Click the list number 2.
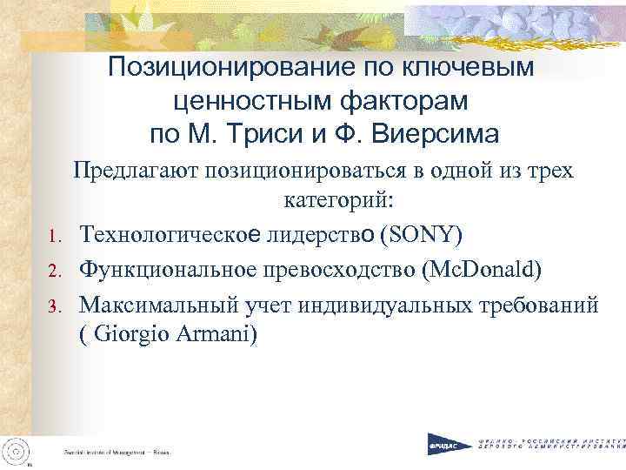point(52,271)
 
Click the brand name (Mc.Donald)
point(481,269)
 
